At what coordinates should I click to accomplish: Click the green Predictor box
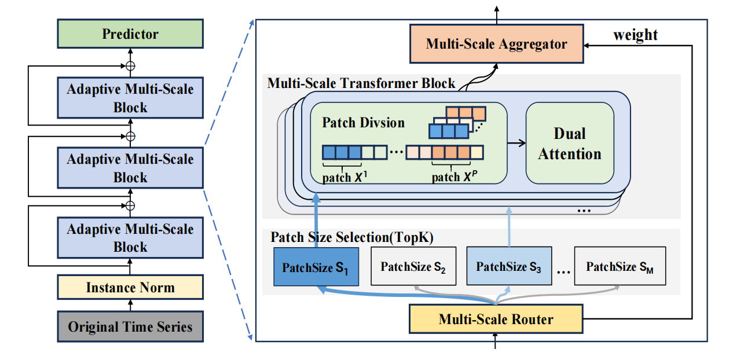click(130, 34)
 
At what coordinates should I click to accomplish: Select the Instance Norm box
click(130, 287)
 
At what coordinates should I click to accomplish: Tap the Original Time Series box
click(130, 326)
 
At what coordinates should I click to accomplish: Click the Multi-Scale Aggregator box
click(496, 43)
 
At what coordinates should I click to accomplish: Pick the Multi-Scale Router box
click(496, 319)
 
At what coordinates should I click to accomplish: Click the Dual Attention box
click(570, 143)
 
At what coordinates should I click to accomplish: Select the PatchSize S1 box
click(316, 267)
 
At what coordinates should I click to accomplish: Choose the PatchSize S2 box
click(413, 266)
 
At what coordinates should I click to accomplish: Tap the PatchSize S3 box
click(509, 266)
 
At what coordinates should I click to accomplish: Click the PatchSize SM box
click(620, 266)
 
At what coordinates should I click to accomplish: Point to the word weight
click(636, 35)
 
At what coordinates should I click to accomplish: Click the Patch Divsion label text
click(364, 123)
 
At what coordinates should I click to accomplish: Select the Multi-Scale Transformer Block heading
click(361, 83)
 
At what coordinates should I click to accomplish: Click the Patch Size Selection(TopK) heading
click(352, 237)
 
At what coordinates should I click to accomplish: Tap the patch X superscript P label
click(455, 177)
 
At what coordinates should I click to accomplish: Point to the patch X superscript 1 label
click(345, 177)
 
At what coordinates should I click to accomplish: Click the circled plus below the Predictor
click(130, 66)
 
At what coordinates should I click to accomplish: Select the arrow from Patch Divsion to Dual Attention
click(516, 143)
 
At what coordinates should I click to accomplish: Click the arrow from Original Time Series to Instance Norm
click(130, 306)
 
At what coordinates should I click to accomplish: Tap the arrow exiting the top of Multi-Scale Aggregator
click(497, 15)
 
